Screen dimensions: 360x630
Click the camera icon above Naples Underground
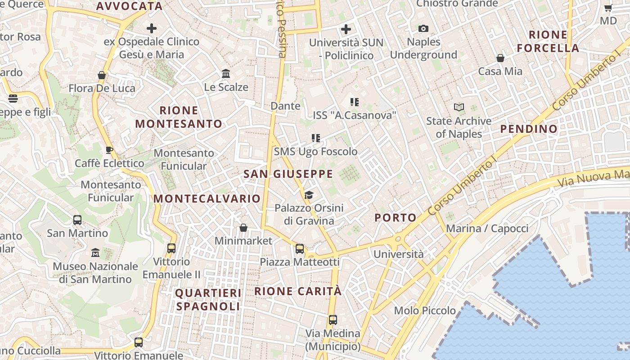tap(423, 29)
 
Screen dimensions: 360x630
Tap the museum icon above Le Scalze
tap(226, 73)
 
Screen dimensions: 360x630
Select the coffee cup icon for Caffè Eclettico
tap(109, 150)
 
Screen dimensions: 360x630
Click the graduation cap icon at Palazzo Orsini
tap(309, 195)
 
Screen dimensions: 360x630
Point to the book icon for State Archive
tap(459, 108)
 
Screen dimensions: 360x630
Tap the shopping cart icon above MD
tap(608, 8)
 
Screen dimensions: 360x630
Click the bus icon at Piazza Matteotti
tap(300, 248)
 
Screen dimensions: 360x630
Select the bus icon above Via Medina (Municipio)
tap(333, 320)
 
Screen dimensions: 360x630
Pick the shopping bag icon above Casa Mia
tap(500, 58)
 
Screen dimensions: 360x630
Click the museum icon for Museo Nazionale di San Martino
tap(95, 253)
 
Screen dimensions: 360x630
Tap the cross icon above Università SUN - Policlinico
tap(346, 30)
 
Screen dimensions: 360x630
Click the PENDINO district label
tap(529, 129)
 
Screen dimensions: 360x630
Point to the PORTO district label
tap(396, 218)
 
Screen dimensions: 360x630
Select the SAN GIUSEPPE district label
tap(288, 174)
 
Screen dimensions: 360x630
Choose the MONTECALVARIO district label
tap(207, 199)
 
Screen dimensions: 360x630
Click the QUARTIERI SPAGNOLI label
tap(208, 300)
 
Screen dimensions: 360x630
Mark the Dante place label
tap(285, 106)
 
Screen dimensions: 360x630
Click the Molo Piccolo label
tap(425, 310)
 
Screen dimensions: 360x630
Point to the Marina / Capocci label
tap(487, 229)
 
